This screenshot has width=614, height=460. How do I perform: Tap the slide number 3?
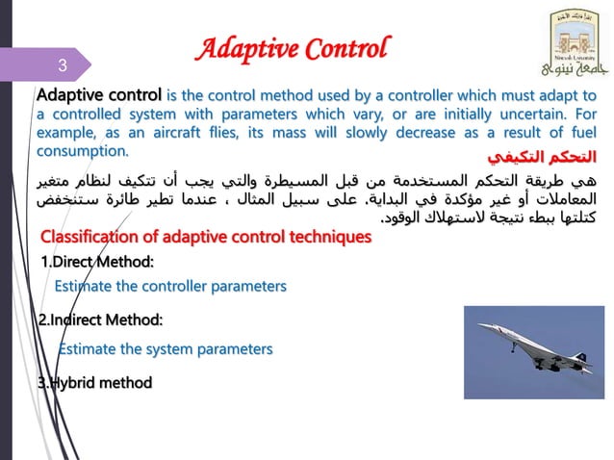pos(61,66)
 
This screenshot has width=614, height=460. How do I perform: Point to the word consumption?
pos(81,152)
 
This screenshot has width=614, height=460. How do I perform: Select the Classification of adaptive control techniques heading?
pos(205,238)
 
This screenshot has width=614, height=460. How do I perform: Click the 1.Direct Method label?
pos(97,261)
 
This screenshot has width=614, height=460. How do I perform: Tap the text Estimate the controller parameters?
pos(170,286)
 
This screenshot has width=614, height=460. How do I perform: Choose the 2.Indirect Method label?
pos(100,319)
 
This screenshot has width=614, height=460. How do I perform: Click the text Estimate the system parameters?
pos(166,348)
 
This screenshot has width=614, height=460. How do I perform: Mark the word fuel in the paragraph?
pos(580,133)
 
